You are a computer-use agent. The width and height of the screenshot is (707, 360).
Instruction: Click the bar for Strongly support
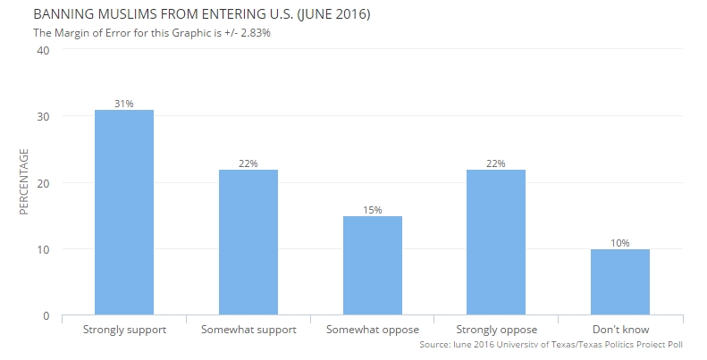tap(124, 213)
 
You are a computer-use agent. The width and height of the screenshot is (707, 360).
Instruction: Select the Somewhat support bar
tap(248, 242)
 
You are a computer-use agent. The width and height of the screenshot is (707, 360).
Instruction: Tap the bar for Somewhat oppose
tap(373, 265)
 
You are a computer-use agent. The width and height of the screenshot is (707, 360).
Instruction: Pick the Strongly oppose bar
tap(496, 242)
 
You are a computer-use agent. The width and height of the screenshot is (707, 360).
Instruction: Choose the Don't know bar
tap(620, 282)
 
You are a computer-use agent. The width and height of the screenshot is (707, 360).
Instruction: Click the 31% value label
tap(124, 104)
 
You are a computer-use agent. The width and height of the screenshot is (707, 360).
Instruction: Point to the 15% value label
tap(373, 210)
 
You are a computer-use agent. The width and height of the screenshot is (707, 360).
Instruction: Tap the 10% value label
tap(620, 243)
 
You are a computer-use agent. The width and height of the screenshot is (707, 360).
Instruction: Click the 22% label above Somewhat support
tap(248, 163)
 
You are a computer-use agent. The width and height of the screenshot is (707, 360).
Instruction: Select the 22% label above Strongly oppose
tap(496, 163)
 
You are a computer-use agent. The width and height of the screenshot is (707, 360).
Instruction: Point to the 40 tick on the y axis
tap(43, 50)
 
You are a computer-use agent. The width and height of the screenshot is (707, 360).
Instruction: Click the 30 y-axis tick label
tap(43, 116)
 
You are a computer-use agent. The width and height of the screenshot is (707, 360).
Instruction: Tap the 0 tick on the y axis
tap(46, 315)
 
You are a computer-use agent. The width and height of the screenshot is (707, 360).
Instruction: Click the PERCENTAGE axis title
tap(24, 182)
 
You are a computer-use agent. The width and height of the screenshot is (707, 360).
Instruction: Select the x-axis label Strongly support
tap(124, 331)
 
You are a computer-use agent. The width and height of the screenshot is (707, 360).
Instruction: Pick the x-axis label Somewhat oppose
tap(373, 331)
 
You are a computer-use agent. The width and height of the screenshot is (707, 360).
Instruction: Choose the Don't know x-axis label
tap(620, 331)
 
